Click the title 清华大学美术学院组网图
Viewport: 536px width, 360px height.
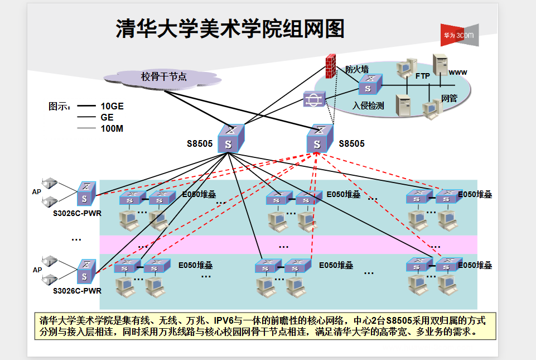pyautogui.click(x=230, y=29)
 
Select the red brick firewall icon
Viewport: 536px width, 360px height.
pyautogui.click(x=330, y=65)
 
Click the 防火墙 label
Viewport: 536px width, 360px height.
pyautogui.click(x=357, y=70)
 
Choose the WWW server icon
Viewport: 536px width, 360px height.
pyautogui.click(x=440, y=65)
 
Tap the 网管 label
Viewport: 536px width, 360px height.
pyautogui.click(x=449, y=98)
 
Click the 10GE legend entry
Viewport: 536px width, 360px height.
pyautogui.click(x=112, y=106)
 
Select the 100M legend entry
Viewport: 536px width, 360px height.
pyautogui.click(x=112, y=128)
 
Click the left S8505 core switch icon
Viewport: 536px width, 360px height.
pyautogui.click(x=229, y=138)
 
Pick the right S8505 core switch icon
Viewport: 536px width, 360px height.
pyautogui.click(x=319, y=138)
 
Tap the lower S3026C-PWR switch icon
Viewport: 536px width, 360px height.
pyautogui.click(x=86, y=271)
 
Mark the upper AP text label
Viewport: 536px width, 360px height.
pyautogui.click(x=37, y=191)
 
